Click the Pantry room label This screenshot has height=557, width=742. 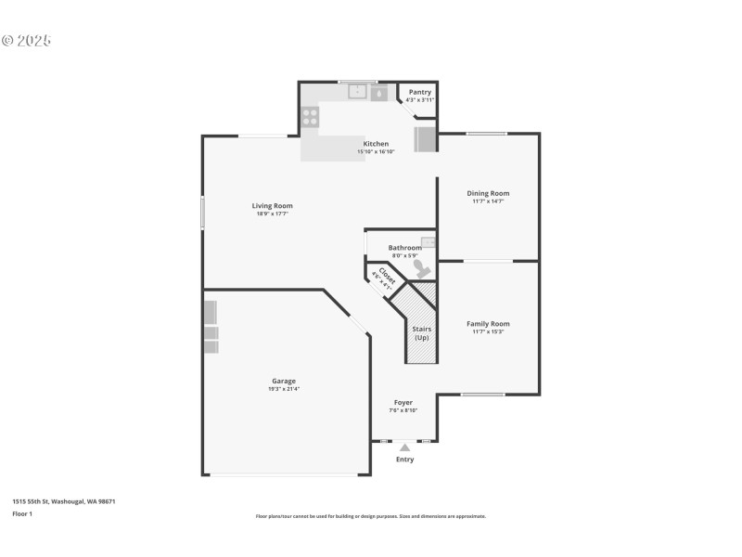click(419, 92)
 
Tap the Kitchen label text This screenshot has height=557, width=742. click(376, 144)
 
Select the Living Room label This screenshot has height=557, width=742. click(273, 206)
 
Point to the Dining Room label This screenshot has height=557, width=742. click(488, 193)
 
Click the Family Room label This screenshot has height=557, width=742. click(488, 324)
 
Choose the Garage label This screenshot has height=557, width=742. click(284, 381)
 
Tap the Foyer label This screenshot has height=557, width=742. click(403, 402)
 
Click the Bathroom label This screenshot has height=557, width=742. click(405, 248)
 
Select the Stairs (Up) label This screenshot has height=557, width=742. click(421, 332)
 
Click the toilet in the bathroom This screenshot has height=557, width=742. click(422, 269)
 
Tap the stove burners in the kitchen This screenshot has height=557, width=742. click(310, 117)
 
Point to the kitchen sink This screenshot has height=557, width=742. click(358, 92)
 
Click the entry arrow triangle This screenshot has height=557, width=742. click(404, 447)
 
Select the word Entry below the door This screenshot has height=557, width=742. click(405, 460)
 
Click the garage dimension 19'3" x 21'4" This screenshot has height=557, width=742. click(284, 389)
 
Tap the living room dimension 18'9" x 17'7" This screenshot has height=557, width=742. click(273, 214)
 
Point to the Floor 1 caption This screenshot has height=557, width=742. click(22, 513)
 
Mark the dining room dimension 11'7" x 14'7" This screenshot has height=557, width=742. click(488, 201)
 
